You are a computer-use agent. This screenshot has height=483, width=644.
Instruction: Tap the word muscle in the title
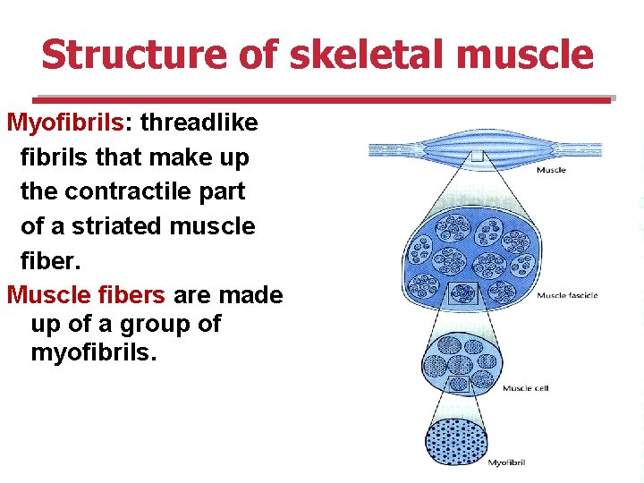coord(532,55)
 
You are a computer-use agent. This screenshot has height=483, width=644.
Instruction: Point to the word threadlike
coord(199,123)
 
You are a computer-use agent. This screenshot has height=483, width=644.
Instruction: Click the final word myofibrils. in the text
coord(94,352)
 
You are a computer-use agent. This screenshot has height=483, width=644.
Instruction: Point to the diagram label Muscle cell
coord(527,388)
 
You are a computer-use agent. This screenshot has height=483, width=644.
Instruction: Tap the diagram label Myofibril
coord(506,462)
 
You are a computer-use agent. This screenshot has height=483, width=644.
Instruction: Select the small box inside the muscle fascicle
coord(464,292)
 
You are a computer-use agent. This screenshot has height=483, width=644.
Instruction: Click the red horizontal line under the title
coord(322,100)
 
